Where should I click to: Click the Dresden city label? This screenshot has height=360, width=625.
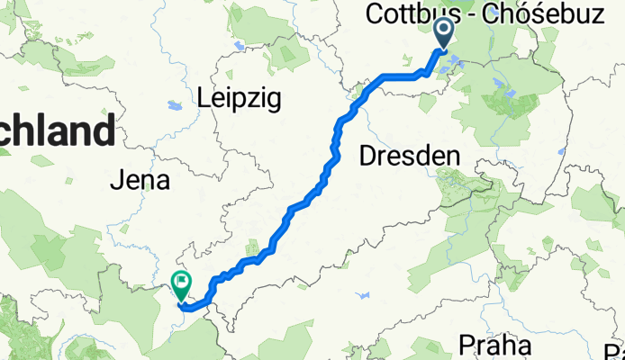410,157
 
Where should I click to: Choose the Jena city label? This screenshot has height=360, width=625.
139,181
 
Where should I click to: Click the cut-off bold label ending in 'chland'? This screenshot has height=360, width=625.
56,132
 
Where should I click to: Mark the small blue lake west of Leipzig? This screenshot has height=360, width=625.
174,105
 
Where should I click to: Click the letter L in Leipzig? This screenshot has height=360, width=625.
204,96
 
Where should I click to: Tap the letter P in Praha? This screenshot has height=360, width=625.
466,344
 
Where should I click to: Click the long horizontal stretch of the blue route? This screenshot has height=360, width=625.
401,76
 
